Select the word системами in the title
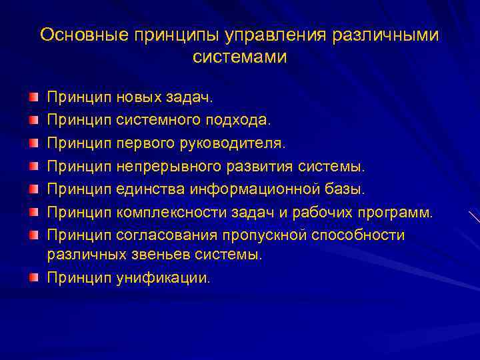tap(240, 57)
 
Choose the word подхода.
tap(241, 121)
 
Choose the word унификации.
tap(163, 277)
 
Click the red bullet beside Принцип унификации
tap(33, 276)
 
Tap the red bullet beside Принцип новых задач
tap(33, 97)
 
